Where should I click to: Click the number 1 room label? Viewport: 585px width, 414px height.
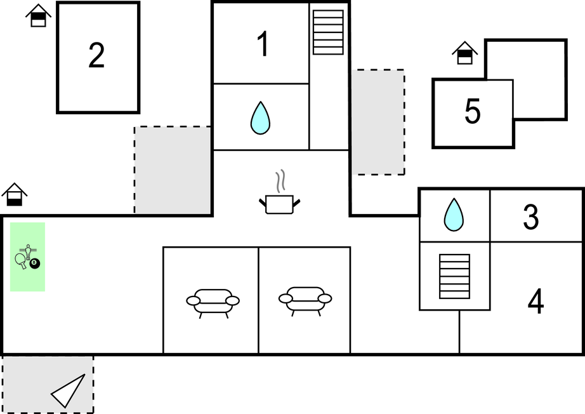coord(263,45)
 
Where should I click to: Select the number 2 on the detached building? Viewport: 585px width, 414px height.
coord(96,57)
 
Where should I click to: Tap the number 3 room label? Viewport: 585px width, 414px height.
coord(531,217)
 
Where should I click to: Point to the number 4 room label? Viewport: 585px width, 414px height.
coord(536,302)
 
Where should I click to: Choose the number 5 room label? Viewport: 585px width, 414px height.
coord(472,112)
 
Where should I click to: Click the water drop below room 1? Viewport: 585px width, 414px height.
coord(260,119)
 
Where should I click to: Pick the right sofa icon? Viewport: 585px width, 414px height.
coord(305,300)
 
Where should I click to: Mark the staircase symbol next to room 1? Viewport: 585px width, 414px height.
coord(328,32)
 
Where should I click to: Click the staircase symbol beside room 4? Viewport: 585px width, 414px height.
coord(454,276)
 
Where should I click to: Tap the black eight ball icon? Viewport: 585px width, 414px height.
coord(35,263)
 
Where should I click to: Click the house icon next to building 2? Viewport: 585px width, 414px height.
coord(39,16)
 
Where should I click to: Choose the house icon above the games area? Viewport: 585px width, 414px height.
coord(14,194)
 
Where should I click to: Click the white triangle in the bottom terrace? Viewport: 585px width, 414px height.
coord(69,391)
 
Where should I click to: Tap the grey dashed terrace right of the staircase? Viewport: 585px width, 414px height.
coord(378,122)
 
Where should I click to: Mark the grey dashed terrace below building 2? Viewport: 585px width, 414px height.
coord(173,170)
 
